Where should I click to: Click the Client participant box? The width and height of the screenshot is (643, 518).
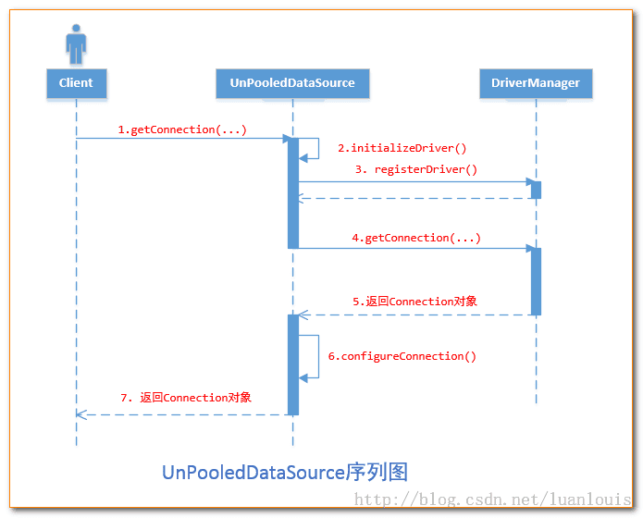(x=76, y=83)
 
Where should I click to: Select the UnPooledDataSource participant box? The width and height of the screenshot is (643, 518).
(x=292, y=83)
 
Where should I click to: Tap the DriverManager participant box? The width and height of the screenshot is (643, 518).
(x=536, y=83)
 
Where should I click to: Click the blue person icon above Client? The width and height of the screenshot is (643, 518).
(x=76, y=43)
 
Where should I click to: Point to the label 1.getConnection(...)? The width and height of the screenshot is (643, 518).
(x=182, y=129)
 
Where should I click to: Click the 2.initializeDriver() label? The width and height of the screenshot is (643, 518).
(x=402, y=147)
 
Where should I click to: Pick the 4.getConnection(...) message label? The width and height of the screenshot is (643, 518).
(x=416, y=238)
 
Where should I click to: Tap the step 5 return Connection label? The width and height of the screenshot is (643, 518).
(x=415, y=302)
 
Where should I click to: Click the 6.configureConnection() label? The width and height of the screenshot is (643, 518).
(x=402, y=356)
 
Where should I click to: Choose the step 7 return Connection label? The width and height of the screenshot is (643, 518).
(x=186, y=398)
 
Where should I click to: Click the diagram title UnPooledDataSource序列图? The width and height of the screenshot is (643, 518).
(x=285, y=472)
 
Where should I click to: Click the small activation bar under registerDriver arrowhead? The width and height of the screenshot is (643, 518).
(x=536, y=190)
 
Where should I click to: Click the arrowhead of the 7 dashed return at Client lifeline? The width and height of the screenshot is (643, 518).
(x=80, y=414)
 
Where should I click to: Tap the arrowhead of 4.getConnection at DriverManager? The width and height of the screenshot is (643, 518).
(x=530, y=248)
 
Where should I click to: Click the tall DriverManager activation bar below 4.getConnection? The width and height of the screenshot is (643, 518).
(x=536, y=281)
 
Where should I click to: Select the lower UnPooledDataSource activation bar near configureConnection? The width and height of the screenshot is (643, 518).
(x=293, y=364)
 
